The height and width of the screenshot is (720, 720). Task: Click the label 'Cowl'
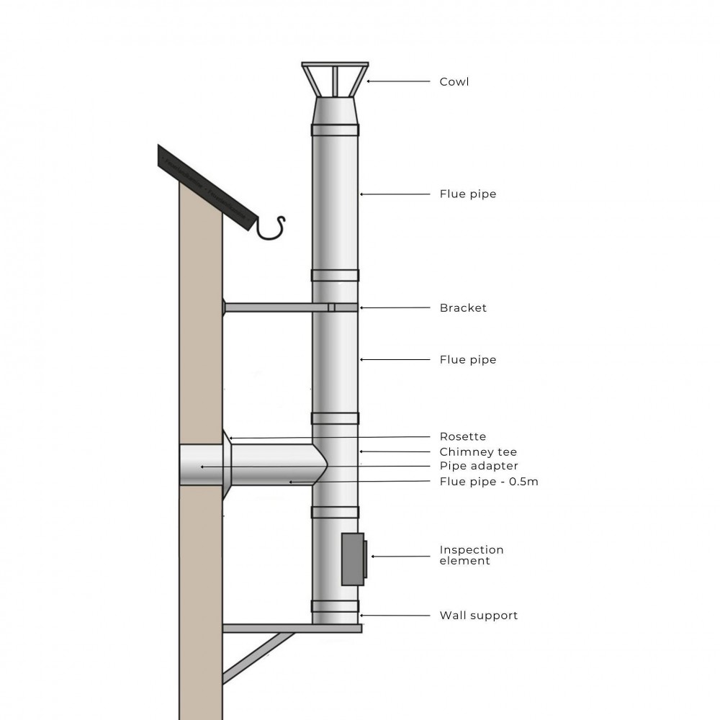click(454, 82)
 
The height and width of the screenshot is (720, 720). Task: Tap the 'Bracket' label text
click(463, 308)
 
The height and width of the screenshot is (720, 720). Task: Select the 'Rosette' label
click(462, 437)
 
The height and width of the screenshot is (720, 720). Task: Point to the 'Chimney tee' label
click(478, 452)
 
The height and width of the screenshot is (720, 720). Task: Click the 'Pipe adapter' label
click(478, 467)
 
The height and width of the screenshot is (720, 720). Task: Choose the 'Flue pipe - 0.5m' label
click(488, 482)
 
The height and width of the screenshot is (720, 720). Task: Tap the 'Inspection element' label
click(471, 555)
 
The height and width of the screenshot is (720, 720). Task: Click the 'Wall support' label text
click(478, 616)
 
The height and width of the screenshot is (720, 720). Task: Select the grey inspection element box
click(352, 559)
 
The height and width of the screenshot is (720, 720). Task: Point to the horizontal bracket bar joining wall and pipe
click(274, 307)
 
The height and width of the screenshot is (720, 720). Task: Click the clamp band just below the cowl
click(335, 130)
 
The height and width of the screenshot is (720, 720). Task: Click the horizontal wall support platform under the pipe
click(292, 629)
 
